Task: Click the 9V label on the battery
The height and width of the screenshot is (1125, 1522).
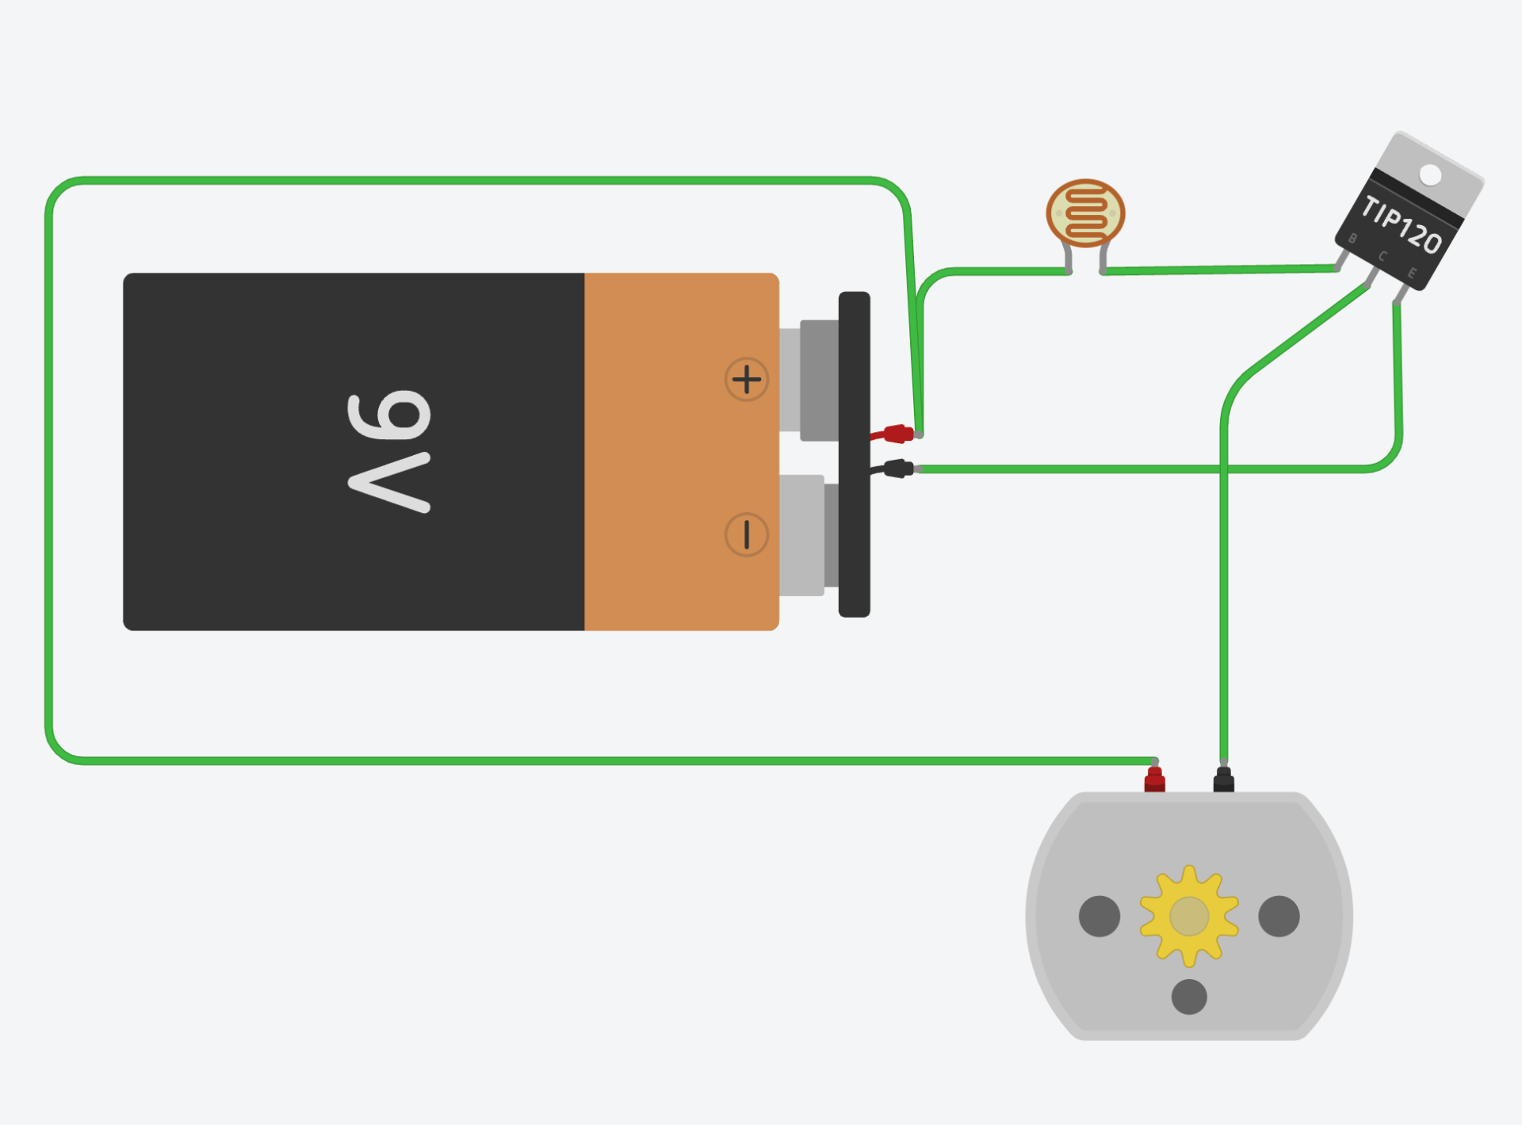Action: (389, 452)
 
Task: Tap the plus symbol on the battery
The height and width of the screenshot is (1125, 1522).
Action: (746, 380)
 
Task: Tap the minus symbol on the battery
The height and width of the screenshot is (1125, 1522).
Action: (746, 534)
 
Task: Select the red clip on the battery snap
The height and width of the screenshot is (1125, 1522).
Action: (897, 434)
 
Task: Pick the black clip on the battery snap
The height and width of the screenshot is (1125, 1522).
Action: (897, 469)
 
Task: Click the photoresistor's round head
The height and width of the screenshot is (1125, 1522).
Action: (1085, 212)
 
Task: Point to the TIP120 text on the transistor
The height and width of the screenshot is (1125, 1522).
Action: (1401, 224)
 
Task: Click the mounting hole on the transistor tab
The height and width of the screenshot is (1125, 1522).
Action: (1430, 174)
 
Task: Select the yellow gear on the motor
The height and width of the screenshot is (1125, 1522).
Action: (1189, 916)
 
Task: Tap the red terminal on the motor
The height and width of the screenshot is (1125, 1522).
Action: (1155, 780)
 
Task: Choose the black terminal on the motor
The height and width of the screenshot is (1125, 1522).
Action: (1224, 780)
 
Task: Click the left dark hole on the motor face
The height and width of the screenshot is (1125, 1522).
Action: (1099, 916)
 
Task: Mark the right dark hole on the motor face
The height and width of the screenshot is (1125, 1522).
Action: (1279, 916)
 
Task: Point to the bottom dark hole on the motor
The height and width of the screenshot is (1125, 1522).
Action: (1189, 997)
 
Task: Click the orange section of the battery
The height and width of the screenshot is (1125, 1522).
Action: (681, 452)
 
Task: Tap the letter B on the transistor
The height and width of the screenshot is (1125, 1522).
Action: (1352, 239)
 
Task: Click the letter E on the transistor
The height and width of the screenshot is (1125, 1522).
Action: (1412, 274)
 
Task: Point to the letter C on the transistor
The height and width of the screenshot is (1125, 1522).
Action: (1382, 256)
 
